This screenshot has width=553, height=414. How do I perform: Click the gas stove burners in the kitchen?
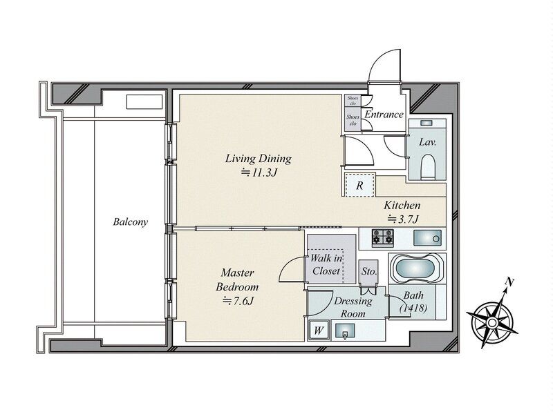(383, 237)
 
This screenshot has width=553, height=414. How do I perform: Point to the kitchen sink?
(427, 238)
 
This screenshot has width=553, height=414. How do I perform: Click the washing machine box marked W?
(319, 331)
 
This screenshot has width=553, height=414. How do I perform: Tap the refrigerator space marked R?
(359, 185)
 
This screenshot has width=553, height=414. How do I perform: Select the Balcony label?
(131, 221)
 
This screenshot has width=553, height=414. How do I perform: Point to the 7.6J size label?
(238, 301)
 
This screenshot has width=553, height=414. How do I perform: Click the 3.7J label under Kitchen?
(403, 219)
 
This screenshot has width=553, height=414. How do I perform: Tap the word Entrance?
(384, 115)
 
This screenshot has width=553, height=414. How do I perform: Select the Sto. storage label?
(369, 271)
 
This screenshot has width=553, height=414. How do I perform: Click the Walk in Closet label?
(326, 265)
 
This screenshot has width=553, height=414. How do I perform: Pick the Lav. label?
(428, 142)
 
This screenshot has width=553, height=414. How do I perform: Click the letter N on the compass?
(509, 282)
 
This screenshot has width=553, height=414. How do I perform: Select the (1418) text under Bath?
(413, 308)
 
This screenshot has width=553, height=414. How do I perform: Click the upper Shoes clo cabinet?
(353, 101)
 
